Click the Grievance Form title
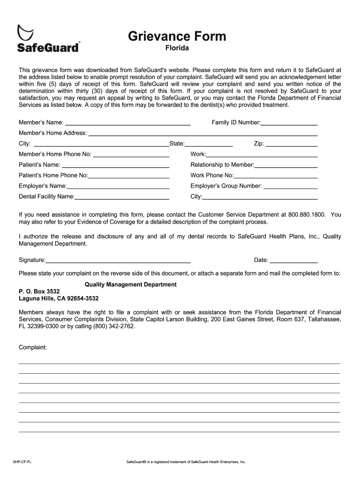click(177, 36)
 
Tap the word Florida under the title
click(177, 48)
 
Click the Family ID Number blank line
click(289, 123)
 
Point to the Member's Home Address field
click(203, 133)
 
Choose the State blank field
click(209, 144)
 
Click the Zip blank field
click(291, 144)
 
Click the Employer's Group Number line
click(290, 186)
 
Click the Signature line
click(118, 260)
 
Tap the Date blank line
click(294, 260)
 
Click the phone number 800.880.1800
click(307, 214)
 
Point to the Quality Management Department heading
click(130, 284)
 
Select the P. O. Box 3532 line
click(39, 291)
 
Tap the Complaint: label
click(33, 348)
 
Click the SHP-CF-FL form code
click(22, 462)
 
